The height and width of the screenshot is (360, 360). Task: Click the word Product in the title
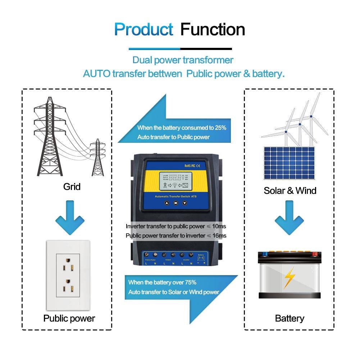(143, 29)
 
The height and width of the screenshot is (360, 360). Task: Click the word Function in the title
(213, 29)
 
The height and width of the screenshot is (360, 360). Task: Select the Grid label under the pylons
(72, 187)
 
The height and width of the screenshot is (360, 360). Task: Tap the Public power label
(69, 318)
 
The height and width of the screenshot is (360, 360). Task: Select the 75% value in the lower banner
(190, 282)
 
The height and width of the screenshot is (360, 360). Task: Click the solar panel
(289, 163)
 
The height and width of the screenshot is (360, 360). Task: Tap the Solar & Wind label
(290, 191)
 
